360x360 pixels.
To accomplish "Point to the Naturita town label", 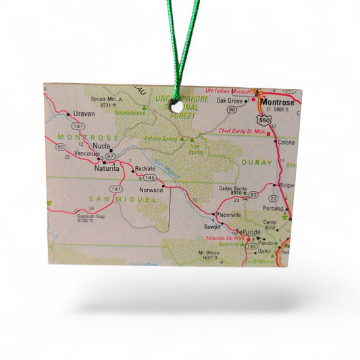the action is (x=106, y=168).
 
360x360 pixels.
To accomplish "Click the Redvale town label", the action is (x=145, y=168).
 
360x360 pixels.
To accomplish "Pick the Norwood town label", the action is (x=151, y=190).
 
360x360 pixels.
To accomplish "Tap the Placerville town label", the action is (x=228, y=214).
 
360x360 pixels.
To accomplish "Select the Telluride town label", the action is (x=248, y=232).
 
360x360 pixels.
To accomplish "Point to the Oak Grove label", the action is (x=229, y=101).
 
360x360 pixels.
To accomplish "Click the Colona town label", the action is (x=286, y=143).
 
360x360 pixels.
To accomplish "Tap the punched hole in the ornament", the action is (x=175, y=105).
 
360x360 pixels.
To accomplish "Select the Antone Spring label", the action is (x=160, y=138).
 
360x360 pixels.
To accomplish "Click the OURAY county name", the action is (x=257, y=162).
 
